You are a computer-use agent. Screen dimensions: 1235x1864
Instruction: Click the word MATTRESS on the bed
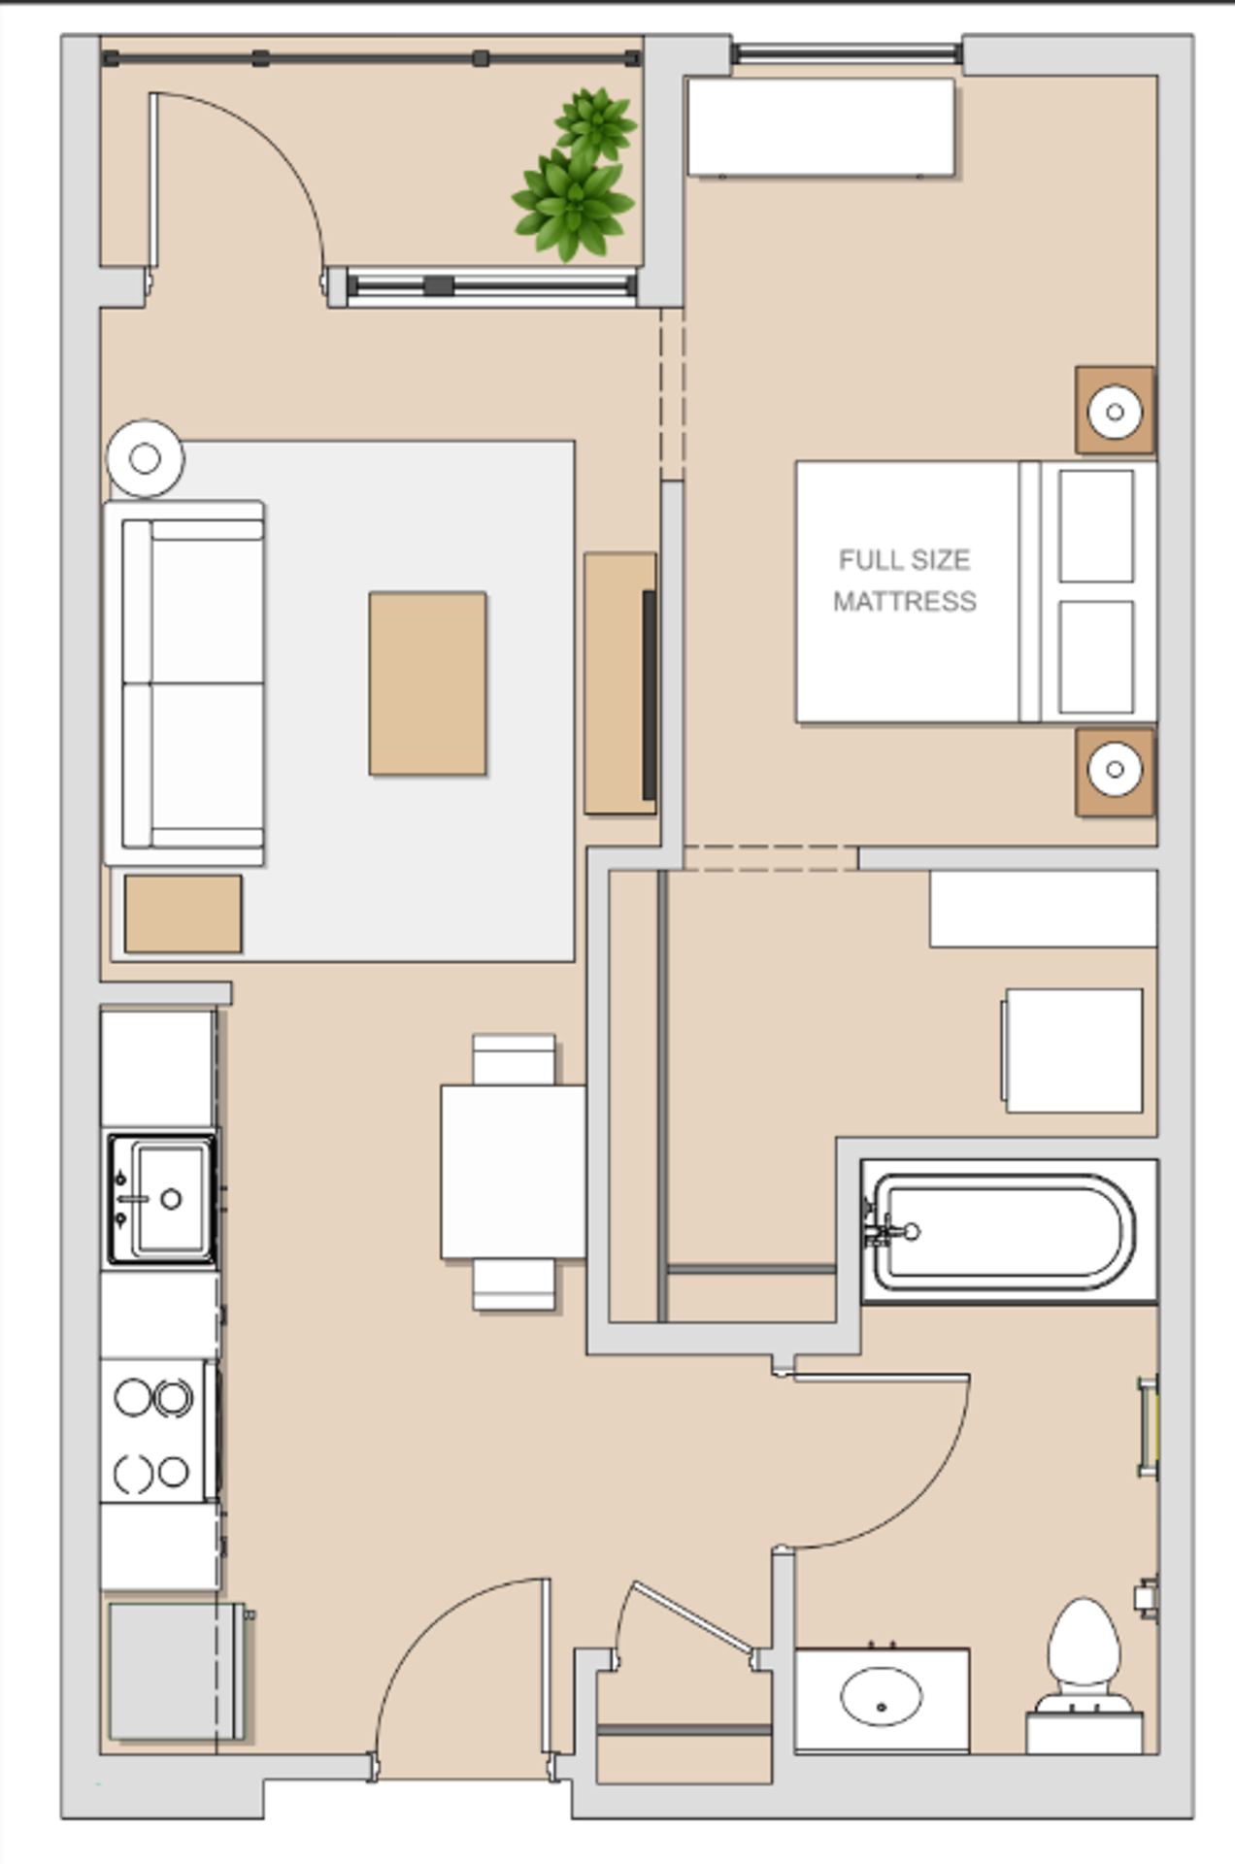tap(904, 602)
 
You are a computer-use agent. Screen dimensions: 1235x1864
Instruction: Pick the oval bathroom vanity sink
tap(881, 1696)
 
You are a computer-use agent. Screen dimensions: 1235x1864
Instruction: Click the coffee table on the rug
tap(427, 683)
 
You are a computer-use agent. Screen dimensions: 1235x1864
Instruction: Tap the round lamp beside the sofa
tap(145, 458)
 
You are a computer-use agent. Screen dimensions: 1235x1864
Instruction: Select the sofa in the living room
tap(184, 683)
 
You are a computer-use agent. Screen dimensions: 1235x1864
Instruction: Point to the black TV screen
tap(649, 695)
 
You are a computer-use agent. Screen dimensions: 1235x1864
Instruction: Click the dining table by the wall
tap(513, 1172)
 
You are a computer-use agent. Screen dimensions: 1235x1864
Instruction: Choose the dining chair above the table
tap(514, 1059)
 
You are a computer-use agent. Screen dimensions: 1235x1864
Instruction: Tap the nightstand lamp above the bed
tap(1115, 412)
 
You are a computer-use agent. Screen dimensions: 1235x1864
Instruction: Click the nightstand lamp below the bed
tap(1115, 769)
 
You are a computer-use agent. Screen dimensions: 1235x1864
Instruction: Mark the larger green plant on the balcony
tap(573, 204)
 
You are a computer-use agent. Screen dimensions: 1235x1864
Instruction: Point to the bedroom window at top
tap(847, 53)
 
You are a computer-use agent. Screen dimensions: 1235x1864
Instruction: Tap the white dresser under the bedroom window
tap(821, 127)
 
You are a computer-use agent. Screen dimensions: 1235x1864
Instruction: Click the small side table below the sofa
tap(183, 914)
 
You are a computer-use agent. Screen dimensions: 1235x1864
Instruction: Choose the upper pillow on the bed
tap(1096, 526)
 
